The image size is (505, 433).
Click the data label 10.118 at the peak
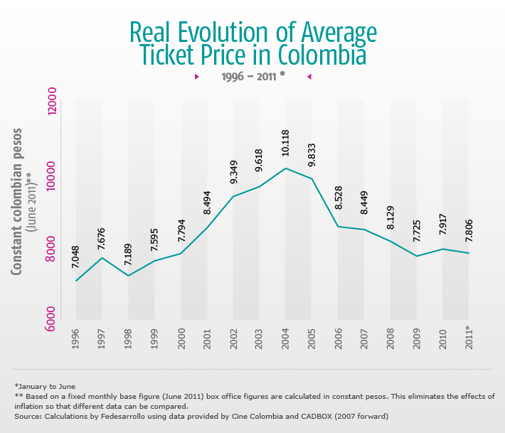(285, 142)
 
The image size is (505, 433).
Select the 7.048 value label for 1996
(76, 255)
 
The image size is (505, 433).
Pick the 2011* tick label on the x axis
(468, 338)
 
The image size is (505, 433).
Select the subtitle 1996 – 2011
(252, 75)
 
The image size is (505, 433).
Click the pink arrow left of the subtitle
(196, 75)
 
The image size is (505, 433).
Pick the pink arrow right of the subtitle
(309, 75)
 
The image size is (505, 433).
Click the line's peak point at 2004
(285, 169)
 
